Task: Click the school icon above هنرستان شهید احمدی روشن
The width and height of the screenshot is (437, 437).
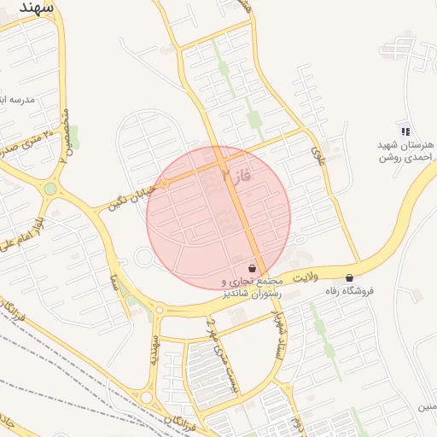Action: pos(405,131)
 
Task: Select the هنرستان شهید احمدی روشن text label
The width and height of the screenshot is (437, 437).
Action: pos(406,151)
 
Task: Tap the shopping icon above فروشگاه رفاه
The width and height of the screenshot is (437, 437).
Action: pos(350,277)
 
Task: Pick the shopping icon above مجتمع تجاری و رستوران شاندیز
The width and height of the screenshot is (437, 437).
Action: pos(252,268)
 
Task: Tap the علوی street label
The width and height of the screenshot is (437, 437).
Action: pos(319,154)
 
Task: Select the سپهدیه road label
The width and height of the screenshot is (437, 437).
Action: pos(155,350)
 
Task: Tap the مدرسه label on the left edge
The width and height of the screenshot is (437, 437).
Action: pos(17,99)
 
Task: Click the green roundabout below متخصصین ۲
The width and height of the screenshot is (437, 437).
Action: pos(51,189)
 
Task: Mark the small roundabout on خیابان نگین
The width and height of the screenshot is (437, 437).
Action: pos(165,183)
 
